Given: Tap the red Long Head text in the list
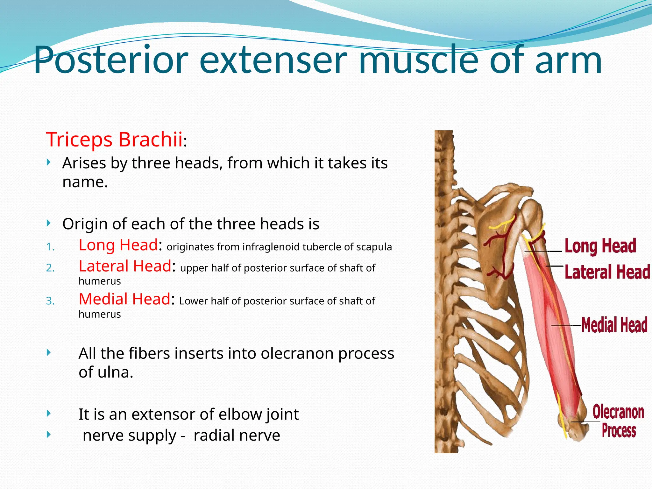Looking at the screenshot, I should [118, 245].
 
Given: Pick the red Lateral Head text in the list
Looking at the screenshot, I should [125, 266].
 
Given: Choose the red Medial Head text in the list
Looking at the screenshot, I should [124, 299].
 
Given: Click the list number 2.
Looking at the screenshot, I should [50, 268].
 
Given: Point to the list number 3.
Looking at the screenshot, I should [50, 301].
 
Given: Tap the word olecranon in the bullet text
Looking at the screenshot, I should [298, 353].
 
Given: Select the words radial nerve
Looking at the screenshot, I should [237, 435].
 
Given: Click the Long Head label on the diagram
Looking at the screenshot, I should [600, 246].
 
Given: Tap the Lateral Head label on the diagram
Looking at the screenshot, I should [607, 272].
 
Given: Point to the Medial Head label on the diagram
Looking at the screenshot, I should [614, 325].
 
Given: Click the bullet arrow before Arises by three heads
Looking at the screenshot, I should [48, 163].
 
